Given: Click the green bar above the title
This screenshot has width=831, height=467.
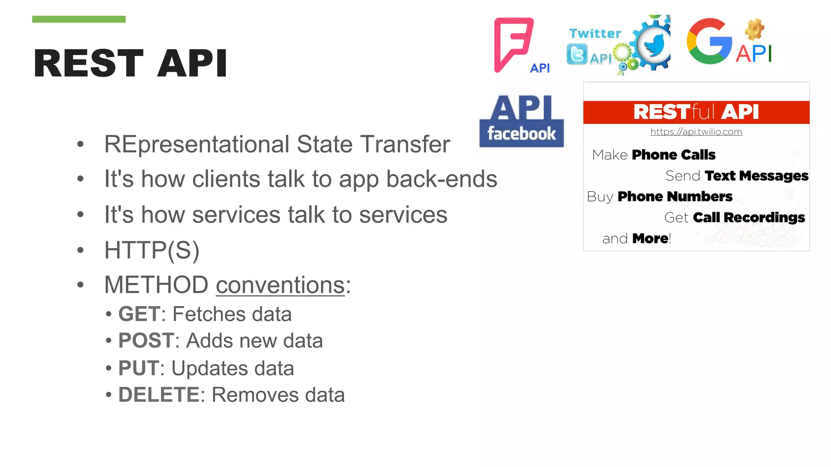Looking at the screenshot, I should point(79,19).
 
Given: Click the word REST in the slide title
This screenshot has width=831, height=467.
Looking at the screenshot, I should point(88,63).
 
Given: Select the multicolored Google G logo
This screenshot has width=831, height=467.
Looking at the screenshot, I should point(709,41).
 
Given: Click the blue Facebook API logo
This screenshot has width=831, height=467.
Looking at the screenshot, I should point(521,121).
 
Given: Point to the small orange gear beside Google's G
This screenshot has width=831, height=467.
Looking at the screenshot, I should point(754,30).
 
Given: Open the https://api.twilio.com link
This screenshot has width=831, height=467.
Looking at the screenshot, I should point(696,132).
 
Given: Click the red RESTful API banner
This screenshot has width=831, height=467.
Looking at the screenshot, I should point(696,112).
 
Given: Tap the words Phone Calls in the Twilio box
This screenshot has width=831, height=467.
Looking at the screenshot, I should point(674,155).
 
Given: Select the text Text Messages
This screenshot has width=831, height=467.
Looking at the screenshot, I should point(756,176).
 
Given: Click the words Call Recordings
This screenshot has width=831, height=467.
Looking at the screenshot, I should point(749,218).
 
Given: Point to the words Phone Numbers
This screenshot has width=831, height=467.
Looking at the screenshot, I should point(675,197).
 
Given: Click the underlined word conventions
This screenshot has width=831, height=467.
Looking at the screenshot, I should point(280,285).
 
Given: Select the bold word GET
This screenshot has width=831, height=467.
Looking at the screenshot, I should point(139,314).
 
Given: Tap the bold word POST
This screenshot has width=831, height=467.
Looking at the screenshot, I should point(146,341).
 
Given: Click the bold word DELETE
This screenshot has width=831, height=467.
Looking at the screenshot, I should point(159,395).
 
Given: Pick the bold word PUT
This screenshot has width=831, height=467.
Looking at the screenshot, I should point(138,368).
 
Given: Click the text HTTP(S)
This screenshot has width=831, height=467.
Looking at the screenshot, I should point(152,250).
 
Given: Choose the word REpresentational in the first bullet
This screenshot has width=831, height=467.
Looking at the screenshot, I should point(197,144).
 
